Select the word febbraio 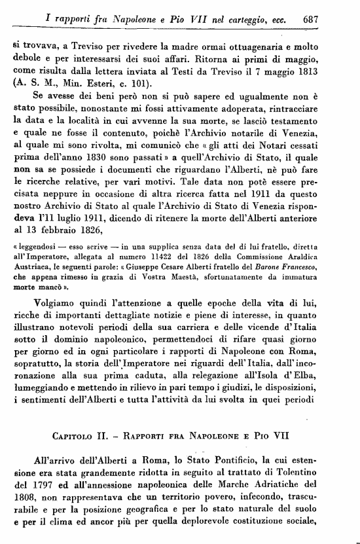click(64, 232)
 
